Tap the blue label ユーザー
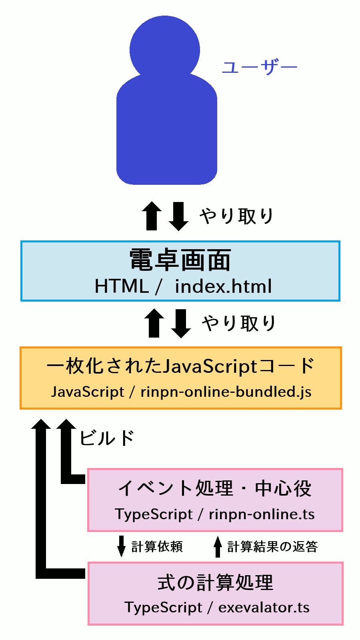click(259, 68)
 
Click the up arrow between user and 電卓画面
click(152, 216)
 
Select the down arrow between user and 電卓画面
click(178, 216)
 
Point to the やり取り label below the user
click(236, 216)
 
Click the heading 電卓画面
click(180, 260)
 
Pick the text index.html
click(223, 286)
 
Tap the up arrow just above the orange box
click(154, 323)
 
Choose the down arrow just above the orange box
click(181, 323)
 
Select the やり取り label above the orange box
click(239, 323)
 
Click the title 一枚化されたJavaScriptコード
click(181, 366)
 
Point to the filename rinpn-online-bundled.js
click(226, 392)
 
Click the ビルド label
click(107, 438)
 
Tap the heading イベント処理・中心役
click(215, 488)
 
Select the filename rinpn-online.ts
click(262, 514)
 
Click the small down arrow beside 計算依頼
click(121, 546)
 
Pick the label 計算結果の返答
click(272, 546)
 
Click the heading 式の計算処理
click(215, 582)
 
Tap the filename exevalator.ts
click(264, 608)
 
